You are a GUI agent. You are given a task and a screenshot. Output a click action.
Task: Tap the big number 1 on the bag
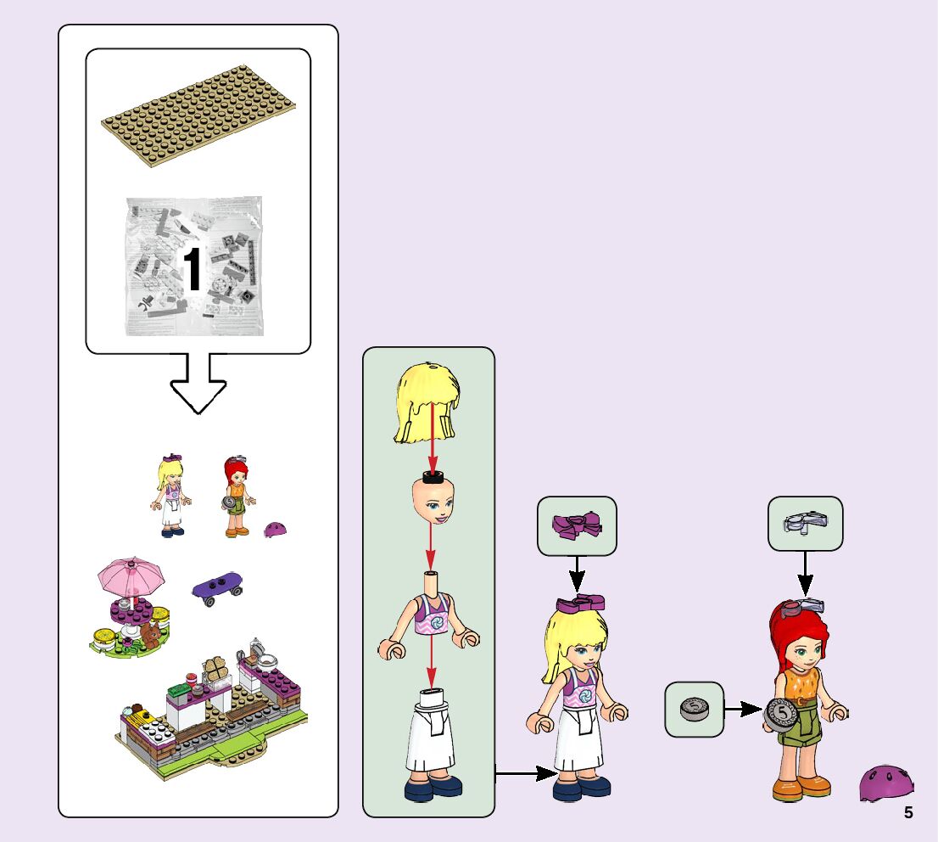point(193,271)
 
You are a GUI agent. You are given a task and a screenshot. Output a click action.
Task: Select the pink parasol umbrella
point(131,577)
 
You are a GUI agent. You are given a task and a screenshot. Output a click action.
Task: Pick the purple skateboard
point(218,587)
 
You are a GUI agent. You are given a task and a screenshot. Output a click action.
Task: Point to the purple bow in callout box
point(577,525)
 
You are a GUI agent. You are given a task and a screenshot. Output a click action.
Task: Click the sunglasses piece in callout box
point(805,524)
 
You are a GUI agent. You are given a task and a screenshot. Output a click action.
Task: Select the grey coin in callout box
point(694,709)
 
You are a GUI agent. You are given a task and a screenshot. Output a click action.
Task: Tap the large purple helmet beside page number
point(886,783)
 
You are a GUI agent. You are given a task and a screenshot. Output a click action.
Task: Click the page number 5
point(908,812)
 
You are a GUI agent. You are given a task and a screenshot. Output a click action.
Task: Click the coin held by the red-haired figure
point(779,715)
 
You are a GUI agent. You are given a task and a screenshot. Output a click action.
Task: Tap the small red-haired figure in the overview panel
point(235,497)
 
